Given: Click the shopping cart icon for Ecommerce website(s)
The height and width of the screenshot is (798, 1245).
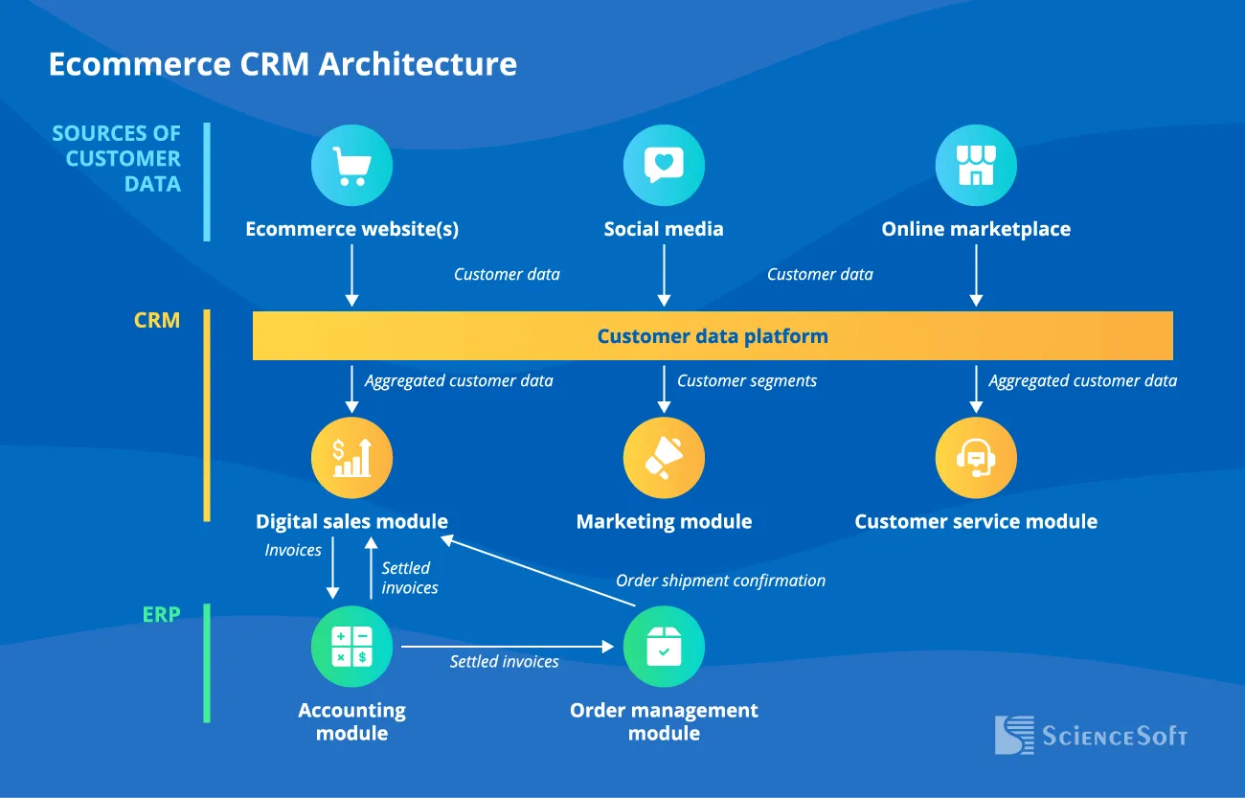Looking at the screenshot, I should point(351,165).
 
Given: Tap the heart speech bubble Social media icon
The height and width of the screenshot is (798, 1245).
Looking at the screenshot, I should point(664,165).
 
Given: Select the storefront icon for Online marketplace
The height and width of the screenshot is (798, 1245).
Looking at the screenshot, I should point(975,165).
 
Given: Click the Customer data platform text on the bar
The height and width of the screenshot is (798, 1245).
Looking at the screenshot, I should point(712,336).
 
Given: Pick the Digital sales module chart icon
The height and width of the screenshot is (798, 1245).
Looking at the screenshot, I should point(351,457).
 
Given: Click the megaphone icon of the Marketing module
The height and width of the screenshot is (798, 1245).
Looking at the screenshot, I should point(664,457).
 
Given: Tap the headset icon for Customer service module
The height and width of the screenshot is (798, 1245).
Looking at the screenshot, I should point(975,457).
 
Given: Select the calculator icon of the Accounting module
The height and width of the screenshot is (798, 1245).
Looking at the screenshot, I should point(351,647).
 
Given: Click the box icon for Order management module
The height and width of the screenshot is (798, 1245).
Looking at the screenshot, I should point(664,647).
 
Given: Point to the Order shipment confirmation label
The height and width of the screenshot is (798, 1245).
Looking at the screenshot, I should point(720,581).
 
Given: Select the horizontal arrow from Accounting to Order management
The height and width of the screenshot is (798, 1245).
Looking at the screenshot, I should point(508,647).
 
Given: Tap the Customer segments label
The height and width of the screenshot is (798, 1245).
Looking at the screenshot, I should point(747,380).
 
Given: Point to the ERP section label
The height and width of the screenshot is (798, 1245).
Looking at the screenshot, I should point(161,615).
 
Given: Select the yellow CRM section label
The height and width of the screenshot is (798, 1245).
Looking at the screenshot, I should point(157,320).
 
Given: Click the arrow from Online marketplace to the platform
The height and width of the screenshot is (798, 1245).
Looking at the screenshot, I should point(975,275).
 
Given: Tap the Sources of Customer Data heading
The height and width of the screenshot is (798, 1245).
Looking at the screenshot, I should point(117,158).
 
